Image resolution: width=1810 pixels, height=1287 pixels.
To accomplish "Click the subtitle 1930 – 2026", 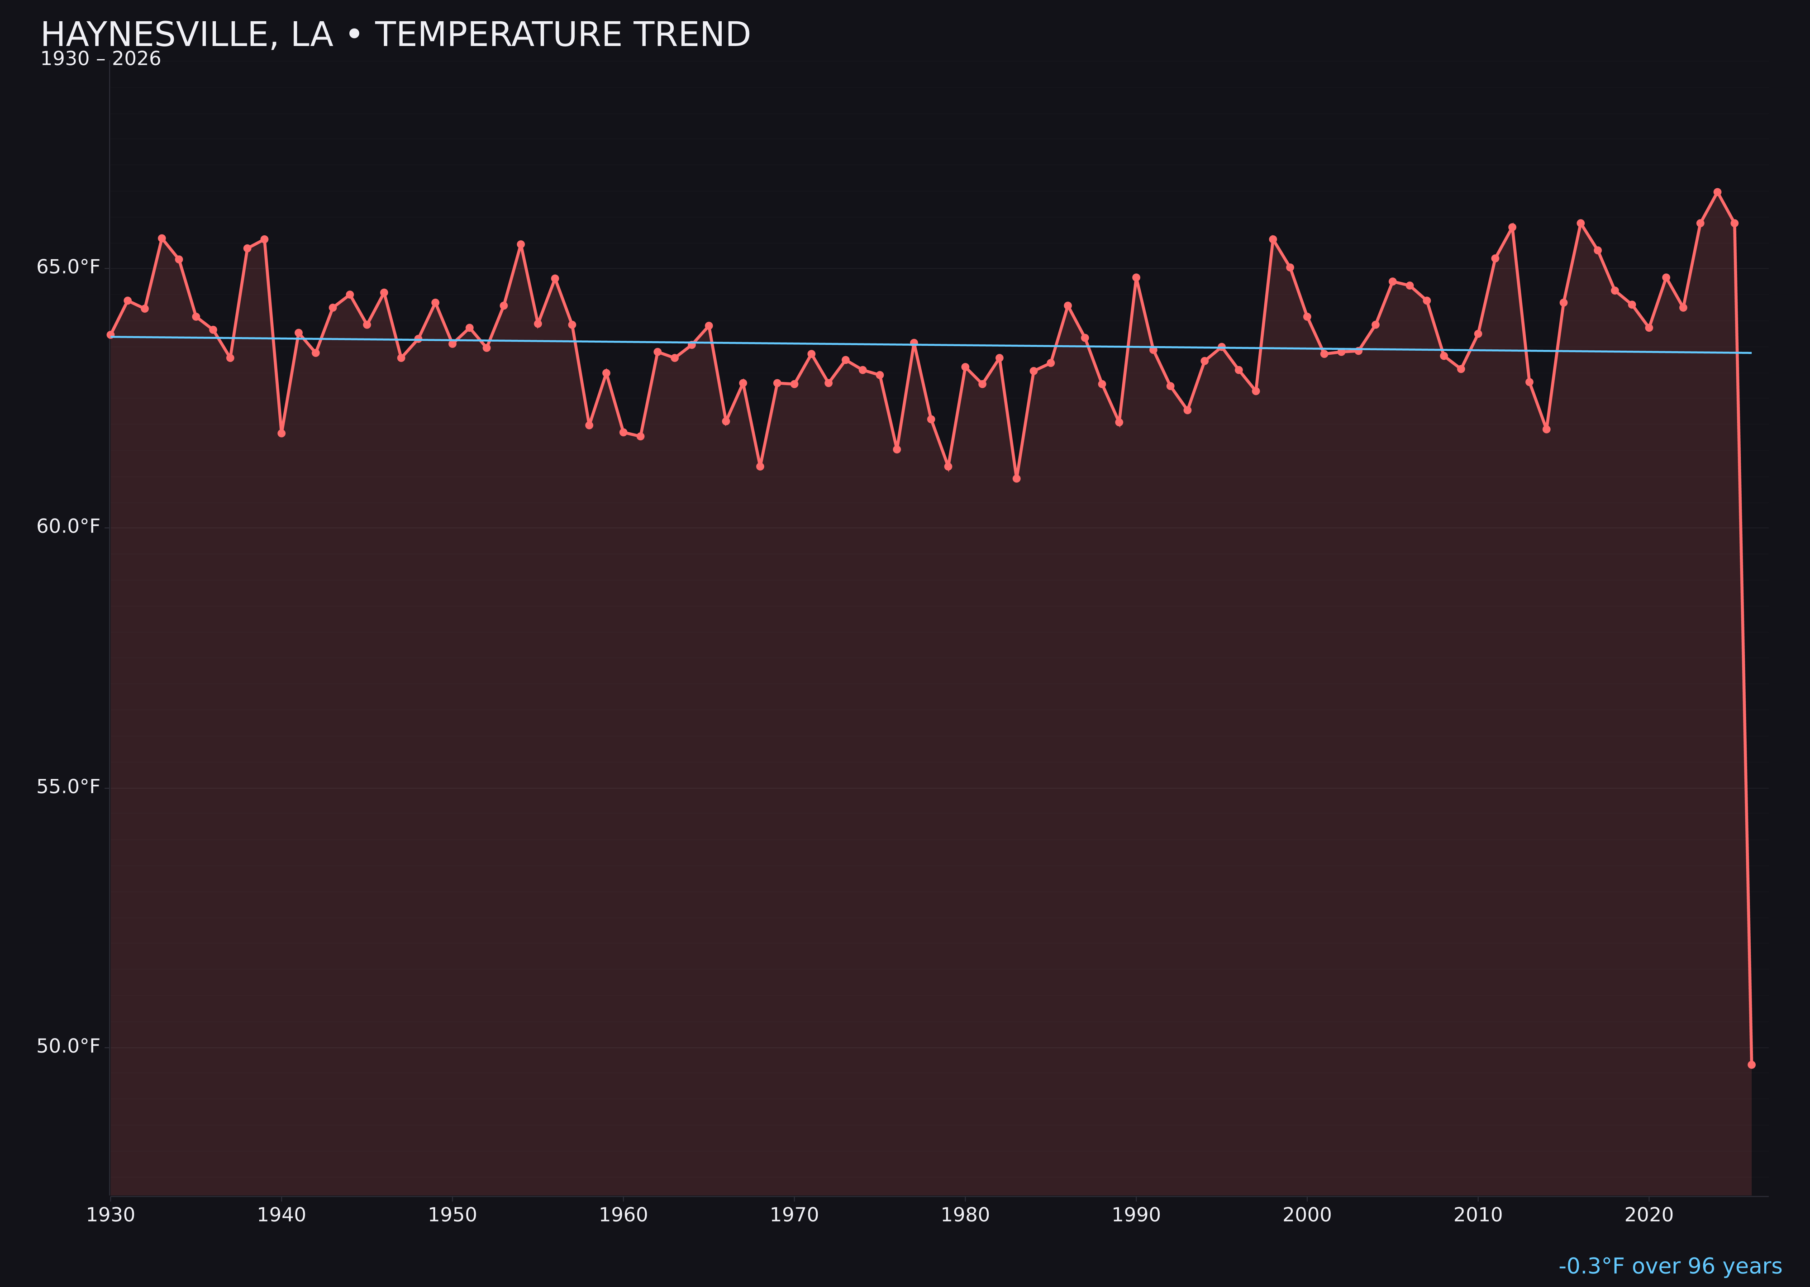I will tap(100, 59).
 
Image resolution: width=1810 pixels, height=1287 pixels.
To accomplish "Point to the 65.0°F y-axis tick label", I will tap(68, 267).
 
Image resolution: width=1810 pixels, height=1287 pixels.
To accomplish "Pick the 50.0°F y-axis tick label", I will tap(68, 1046).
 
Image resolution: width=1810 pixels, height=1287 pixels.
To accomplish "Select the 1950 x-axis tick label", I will tap(452, 1215).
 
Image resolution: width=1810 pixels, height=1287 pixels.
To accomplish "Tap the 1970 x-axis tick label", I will tap(794, 1215).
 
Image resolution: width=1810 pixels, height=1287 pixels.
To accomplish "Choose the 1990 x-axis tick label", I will tap(1136, 1215).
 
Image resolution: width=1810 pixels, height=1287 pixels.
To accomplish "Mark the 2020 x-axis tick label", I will tap(1648, 1215).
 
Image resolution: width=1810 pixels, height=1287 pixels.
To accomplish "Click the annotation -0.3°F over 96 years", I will tap(1670, 1266).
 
